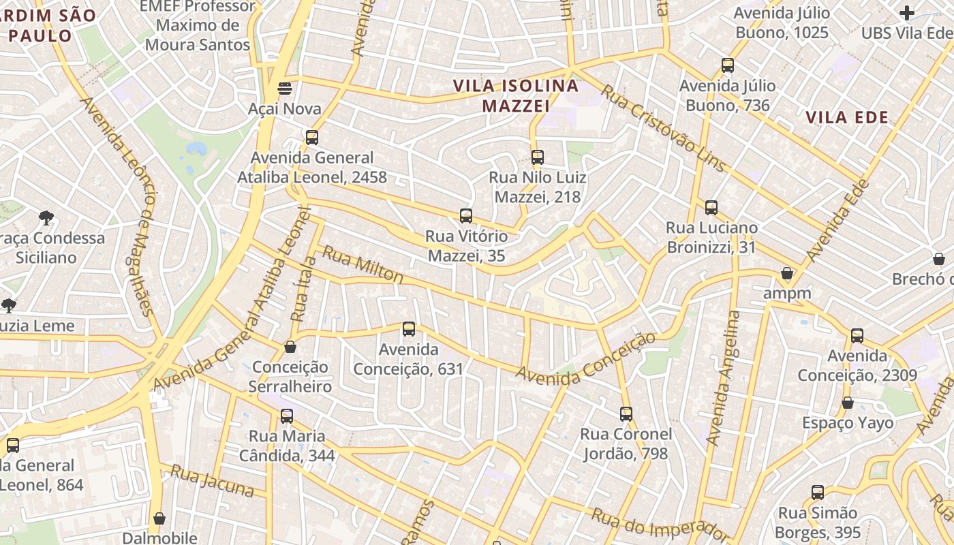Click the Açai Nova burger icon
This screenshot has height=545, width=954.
[285, 89]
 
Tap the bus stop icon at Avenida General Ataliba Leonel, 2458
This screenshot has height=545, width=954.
[312, 137]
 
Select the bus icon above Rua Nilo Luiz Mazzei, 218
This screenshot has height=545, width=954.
[538, 157]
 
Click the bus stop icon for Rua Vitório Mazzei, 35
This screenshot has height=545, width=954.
[466, 216]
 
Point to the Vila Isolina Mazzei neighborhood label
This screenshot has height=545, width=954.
[516, 96]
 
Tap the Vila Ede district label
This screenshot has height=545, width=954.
[847, 117]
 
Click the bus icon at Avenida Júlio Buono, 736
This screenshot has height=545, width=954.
[728, 65]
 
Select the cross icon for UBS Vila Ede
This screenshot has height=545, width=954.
[907, 12]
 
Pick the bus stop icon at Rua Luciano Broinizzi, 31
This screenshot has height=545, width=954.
[711, 208]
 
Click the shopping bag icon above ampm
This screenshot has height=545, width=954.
[787, 273]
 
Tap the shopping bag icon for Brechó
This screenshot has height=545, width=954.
[939, 259]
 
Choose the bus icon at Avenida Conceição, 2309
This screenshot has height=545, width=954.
[857, 335]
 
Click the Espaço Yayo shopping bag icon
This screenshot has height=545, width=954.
[848, 403]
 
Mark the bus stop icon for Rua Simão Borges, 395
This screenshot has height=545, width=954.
[818, 492]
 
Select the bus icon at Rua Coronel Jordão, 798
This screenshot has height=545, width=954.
[626, 414]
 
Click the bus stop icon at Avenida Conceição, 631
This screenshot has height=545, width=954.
[409, 329]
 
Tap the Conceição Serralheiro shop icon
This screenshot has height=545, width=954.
[290, 347]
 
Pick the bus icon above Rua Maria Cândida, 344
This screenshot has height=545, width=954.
[287, 416]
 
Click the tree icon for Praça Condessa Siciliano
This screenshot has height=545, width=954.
[46, 218]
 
